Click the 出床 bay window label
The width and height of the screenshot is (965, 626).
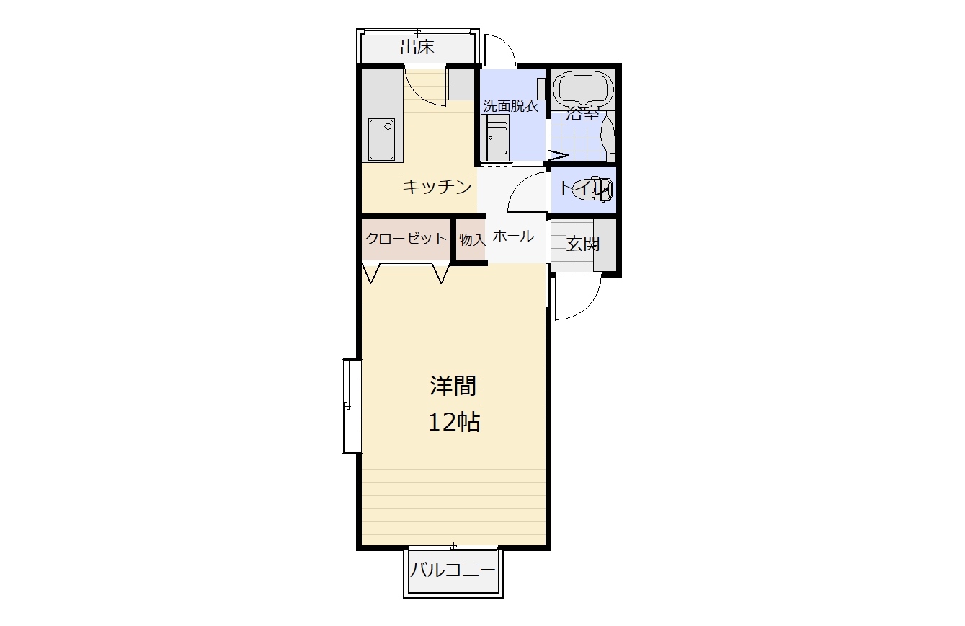click(x=417, y=47)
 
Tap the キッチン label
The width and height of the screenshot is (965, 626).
click(x=437, y=187)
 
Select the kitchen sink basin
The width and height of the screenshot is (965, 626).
click(x=382, y=139)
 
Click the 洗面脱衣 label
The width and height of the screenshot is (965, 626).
click(x=510, y=106)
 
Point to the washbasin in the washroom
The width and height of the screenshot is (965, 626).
click(x=496, y=138)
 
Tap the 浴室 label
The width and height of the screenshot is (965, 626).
click(x=582, y=114)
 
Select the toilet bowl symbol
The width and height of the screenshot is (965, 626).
click(x=597, y=189)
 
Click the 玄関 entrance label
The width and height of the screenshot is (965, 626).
click(x=582, y=244)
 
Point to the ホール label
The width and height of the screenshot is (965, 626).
click(x=513, y=236)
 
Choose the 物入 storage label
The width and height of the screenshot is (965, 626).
click(x=472, y=239)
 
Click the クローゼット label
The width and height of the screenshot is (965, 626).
click(x=406, y=239)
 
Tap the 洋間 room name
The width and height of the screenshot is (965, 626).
click(x=453, y=386)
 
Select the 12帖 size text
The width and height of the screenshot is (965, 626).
click(x=453, y=422)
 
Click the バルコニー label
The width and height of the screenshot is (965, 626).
click(x=453, y=570)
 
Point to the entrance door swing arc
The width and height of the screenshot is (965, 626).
click(x=589, y=307)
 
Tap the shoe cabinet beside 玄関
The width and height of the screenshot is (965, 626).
click(x=605, y=245)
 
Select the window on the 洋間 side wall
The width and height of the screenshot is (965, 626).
click(x=352, y=406)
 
